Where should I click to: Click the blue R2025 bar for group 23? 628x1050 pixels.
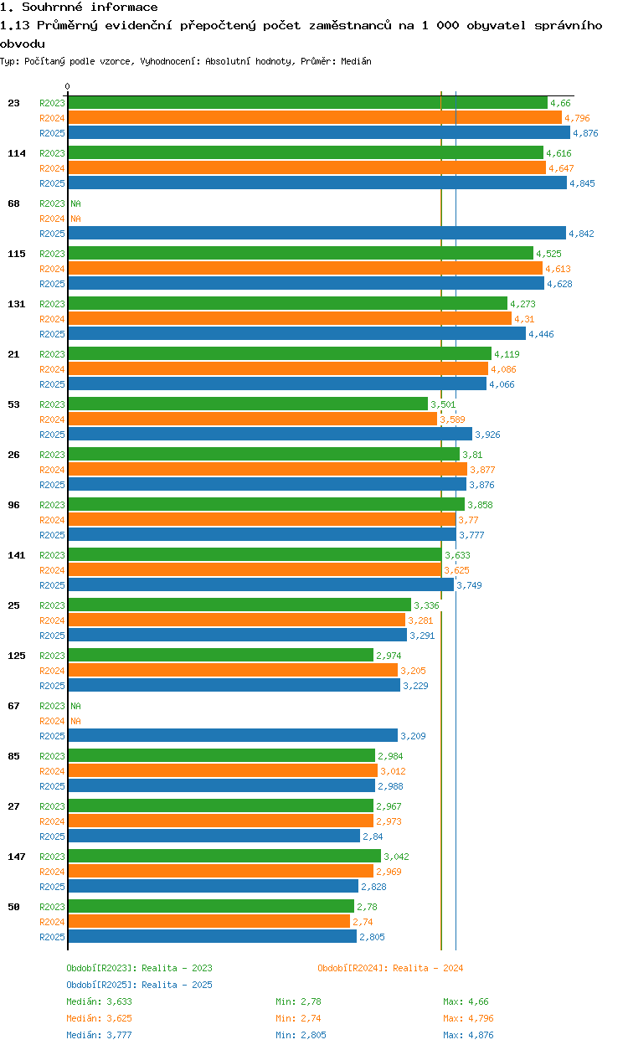click(318, 133)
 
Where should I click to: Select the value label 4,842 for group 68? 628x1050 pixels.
click(580, 234)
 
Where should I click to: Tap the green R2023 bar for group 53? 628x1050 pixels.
click(247, 404)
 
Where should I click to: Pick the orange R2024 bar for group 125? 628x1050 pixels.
click(232, 671)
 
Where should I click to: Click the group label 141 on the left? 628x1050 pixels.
click(16, 555)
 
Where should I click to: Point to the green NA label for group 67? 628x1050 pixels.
click(75, 706)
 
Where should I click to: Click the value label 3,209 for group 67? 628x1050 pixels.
click(414, 736)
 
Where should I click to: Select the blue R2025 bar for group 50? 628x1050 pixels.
click(212, 937)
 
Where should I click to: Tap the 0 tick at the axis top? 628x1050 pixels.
click(68, 86)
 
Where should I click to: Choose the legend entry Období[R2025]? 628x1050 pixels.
click(101, 985)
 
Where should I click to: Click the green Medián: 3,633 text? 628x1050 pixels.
click(99, 1001)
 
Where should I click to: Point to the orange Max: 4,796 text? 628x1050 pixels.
click(468, 1018)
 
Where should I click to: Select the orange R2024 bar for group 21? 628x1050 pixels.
click(277, 369)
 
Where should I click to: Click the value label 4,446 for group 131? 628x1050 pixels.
click(541, 334)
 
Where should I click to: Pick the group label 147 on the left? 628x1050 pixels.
click(16, 857)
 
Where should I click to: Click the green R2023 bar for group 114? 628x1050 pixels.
click(305, 153)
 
